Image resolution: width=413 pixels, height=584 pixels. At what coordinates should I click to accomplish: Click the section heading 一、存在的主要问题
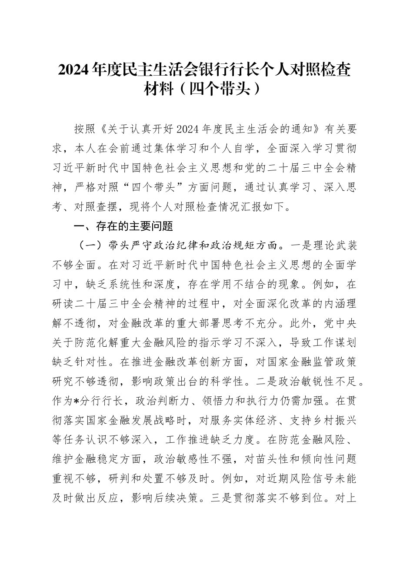point(123,226)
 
